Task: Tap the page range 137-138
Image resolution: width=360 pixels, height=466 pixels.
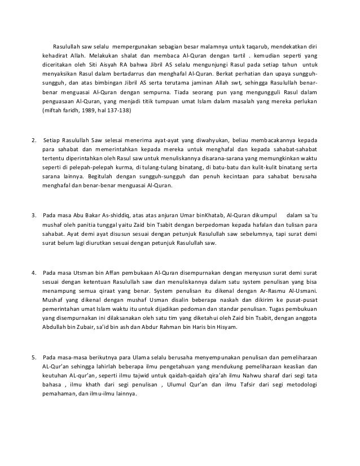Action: click(120, 111)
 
